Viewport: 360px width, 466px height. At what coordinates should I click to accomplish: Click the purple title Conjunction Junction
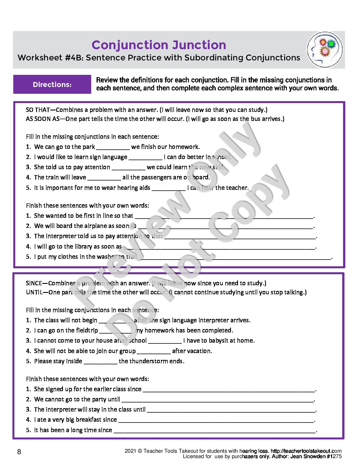click(x=159, y=45)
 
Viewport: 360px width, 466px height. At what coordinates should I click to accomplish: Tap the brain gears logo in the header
click(x=325, y=50)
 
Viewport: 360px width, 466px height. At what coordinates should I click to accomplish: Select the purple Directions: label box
click(x=52, y=84)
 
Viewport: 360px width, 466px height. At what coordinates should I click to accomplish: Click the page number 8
click(x=19, y=452)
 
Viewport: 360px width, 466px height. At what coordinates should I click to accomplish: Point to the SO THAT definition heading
click(x=38, y=110)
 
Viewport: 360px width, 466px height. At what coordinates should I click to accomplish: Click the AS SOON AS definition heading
click(x=43, y=119)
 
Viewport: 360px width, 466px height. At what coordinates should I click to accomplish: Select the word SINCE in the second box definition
click(x=34, y=283)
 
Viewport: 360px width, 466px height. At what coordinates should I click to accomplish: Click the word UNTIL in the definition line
click(x=34, y=292)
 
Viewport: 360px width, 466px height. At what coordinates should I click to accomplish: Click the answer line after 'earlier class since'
click(x=229, y=390)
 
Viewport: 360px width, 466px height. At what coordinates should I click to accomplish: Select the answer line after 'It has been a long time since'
click(x=215, y=431)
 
